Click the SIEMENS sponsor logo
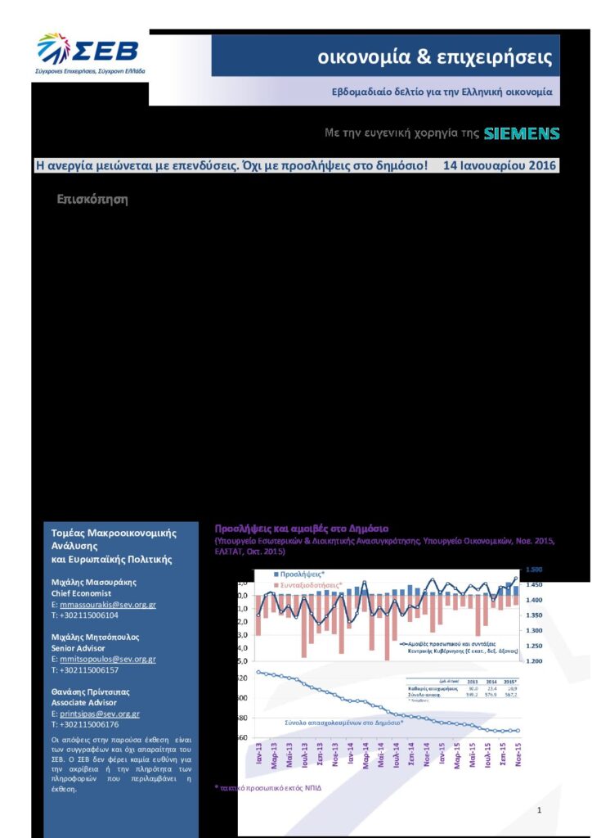click(x=522, y=133)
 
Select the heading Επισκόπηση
click(x=93, y=200)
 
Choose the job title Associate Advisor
click(x=87, y=702)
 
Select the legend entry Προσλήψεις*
click(x=298, y=574)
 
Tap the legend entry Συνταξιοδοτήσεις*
click(x=311, y=586)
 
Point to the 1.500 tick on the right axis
click(x=533, y=570)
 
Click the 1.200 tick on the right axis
click(x=533, y=660)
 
